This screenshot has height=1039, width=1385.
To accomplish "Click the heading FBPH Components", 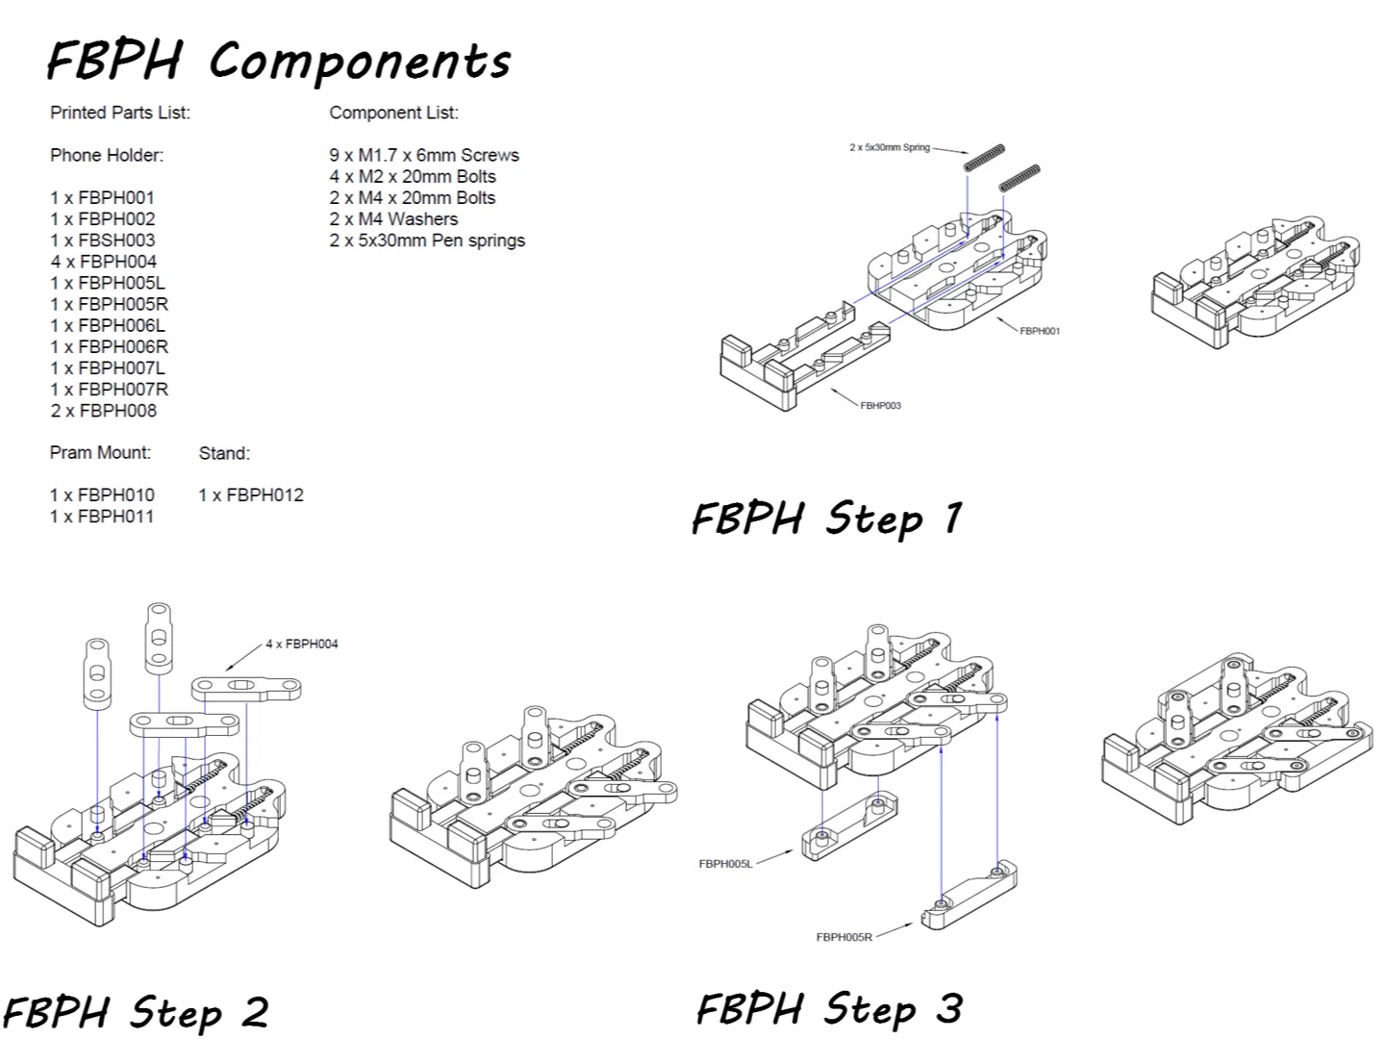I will [x=279, y=61].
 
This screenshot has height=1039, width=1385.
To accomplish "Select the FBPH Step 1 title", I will [x=826, y=519].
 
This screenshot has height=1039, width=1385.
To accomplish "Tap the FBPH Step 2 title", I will [x=136, y=1012].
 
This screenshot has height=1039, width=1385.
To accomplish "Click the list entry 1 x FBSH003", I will [x=102, y=241].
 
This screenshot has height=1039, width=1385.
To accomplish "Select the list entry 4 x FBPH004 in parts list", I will [x=103, y=262].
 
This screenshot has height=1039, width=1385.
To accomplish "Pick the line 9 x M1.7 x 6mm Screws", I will [x=423, y=155].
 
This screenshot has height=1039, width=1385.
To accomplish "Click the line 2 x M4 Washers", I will [x=393, y=219].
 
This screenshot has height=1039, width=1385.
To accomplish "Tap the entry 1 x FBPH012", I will [x=251, y=495].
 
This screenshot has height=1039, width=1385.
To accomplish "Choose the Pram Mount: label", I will [x=100, y=452].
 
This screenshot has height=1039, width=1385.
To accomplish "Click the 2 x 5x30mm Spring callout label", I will [x=889, y=148].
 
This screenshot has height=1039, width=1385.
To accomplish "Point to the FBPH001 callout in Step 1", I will [x=1040, y=331].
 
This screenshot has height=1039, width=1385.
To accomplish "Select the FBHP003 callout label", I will [x=880, y=406].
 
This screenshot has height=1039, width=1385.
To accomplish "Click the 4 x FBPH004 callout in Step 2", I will [x=302, y=644].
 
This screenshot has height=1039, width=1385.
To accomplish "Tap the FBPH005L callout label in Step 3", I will [x=725, y=864].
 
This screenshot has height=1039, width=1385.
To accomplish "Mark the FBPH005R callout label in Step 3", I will [x=844, y=937].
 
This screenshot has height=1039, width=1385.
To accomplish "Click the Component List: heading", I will [x=393, y=113].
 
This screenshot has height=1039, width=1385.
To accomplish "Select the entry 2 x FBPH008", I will [x=103, y=411].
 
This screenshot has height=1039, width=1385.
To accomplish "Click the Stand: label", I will [x=224, y=453].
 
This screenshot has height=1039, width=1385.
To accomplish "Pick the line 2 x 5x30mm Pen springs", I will [x=427, y=241].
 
